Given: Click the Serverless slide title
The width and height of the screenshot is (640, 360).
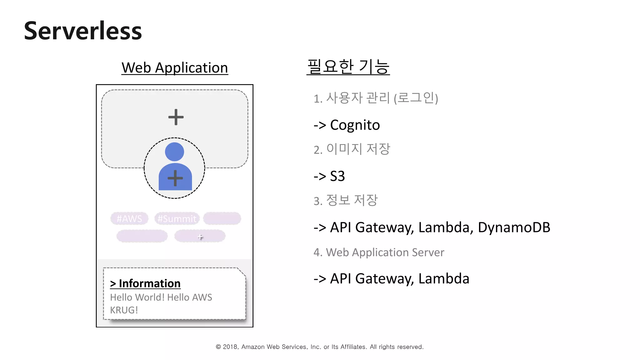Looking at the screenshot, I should coord(83,31).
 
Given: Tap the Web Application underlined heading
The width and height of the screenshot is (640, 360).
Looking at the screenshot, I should coord(175,67).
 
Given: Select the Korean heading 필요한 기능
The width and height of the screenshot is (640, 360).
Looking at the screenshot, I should coord(348,67).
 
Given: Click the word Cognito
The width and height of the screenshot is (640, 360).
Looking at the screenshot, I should coord(355,125).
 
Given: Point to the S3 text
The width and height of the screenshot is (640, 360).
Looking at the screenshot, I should coord(337,176).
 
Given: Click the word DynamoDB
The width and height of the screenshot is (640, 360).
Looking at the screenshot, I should coord(514,227).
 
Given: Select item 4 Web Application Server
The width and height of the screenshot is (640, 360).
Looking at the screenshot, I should coord(379,252).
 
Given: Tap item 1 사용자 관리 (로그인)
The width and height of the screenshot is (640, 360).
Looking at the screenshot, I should coord(376,98).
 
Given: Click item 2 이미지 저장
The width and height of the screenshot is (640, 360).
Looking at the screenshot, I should coord(352,149).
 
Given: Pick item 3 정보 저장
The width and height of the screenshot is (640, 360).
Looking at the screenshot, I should coord(346,200).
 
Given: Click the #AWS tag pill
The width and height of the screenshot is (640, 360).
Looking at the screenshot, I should coord(129,218).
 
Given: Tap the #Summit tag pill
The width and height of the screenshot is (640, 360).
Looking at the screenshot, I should coord(177,218).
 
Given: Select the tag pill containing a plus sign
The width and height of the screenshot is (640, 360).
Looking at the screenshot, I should coord(200,236).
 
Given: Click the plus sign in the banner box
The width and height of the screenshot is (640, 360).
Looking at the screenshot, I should coord(176,117).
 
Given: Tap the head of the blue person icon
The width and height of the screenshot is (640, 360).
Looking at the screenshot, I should coord(174,152).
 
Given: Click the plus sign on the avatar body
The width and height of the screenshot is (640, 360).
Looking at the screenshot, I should coord(175,178).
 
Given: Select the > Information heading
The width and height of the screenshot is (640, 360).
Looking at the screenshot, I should coord(145,283).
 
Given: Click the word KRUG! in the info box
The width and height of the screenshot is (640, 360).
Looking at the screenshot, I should coord(124,310).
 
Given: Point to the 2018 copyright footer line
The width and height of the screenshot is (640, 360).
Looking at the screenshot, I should coord(319,347).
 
